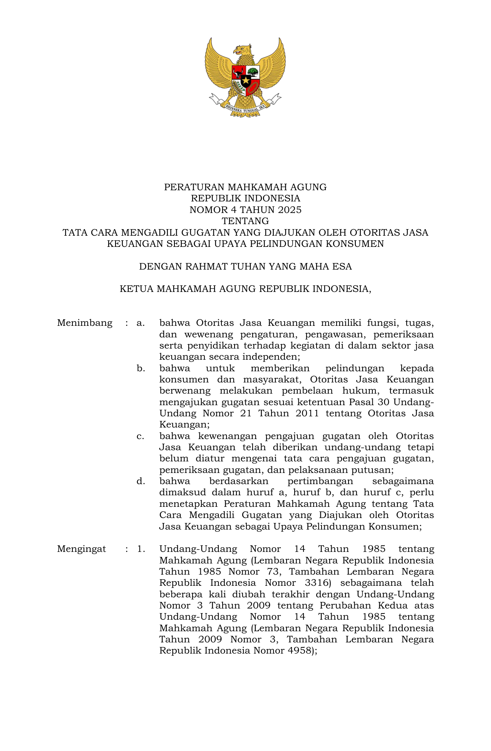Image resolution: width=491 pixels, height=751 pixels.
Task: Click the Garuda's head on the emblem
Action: coord(242,50)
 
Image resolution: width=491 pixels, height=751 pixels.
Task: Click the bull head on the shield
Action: coord(238,72)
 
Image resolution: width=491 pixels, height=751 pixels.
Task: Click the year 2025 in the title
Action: coord(290,210)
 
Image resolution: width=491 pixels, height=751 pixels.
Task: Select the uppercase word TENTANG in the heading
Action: coord(245,221)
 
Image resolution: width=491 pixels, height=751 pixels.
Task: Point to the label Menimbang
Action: coord(85,323)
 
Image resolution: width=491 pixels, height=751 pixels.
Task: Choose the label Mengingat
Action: coord(82,549)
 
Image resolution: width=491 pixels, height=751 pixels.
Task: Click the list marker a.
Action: coord(141,323)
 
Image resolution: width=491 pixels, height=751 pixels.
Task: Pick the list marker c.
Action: coord(141,436)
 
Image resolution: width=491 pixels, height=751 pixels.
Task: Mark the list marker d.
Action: coord(141,481)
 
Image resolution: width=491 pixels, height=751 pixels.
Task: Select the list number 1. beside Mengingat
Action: coord(141,549)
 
